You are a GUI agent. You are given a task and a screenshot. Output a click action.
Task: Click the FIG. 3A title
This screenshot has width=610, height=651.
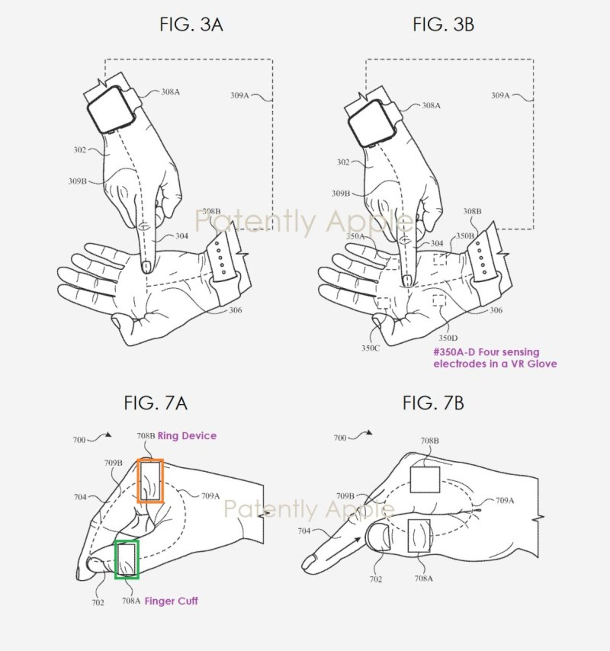point(191,25)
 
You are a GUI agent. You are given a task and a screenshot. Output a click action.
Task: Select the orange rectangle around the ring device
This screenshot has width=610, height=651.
point(150,481)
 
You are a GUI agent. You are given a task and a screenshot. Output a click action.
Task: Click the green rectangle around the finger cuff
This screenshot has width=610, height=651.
point(127,560)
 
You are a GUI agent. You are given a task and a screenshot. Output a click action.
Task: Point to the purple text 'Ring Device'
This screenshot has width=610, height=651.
point(187,436)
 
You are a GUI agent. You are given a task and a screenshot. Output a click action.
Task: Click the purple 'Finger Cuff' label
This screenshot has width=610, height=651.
point(171,601)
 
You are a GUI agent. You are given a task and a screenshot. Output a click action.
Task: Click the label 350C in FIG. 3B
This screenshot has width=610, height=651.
point(370,348)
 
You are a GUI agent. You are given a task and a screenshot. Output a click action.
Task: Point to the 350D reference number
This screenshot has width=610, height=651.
point(448,338)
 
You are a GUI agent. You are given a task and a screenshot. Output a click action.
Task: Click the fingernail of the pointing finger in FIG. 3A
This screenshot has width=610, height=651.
point(146,266)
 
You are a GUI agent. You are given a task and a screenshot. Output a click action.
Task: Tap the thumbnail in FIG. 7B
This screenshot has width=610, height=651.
point(378,537)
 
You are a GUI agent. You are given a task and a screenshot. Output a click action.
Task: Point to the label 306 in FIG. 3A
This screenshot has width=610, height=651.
point(235,310)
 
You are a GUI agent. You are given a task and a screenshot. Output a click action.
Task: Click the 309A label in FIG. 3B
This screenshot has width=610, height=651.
point(500,95)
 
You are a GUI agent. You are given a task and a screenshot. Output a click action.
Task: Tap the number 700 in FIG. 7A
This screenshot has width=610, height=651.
point(79,440)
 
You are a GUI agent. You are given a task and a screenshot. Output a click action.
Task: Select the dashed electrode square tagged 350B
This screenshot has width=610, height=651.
point(440,259)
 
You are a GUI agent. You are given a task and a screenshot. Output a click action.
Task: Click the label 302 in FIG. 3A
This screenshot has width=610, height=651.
point(80,150)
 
